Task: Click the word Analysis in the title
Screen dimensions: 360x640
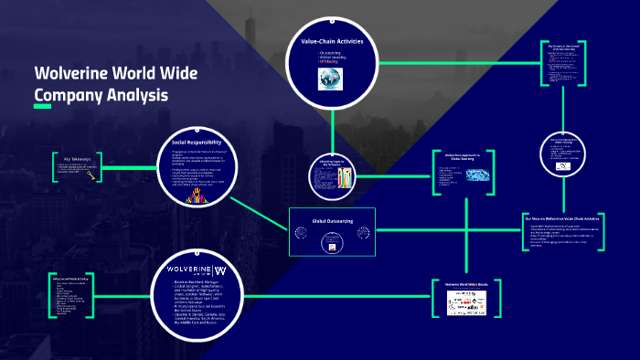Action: point(137,94)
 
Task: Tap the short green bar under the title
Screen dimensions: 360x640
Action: point(42,107)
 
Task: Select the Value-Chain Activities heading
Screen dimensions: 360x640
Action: point(333,42)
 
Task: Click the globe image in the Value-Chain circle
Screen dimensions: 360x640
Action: point(330,79)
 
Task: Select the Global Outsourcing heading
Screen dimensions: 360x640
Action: point(331,220)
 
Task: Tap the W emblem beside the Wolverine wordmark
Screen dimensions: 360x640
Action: point(220,270)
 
